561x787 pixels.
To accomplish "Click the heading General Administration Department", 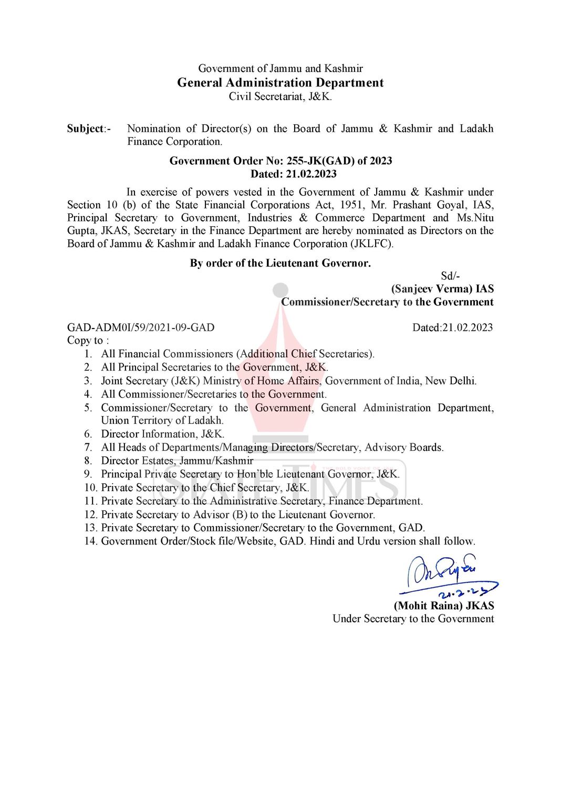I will [x=280, y=83].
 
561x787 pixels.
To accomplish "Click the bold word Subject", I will [x=85, y=129].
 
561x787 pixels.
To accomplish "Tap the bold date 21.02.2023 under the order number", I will [x=311, y=174].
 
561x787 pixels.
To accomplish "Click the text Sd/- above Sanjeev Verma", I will [x=450, y=276].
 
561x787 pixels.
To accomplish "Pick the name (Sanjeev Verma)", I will [x=431, y=289].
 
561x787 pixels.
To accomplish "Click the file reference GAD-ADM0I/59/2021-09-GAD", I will [x=141, y=328].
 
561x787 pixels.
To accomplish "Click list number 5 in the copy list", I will [x=88, y=408].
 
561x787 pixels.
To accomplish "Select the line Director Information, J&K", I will [x=162, y=434].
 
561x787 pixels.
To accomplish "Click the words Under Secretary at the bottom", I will [x=362, y=619].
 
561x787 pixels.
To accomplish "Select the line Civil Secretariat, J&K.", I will [x=280, y=97].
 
